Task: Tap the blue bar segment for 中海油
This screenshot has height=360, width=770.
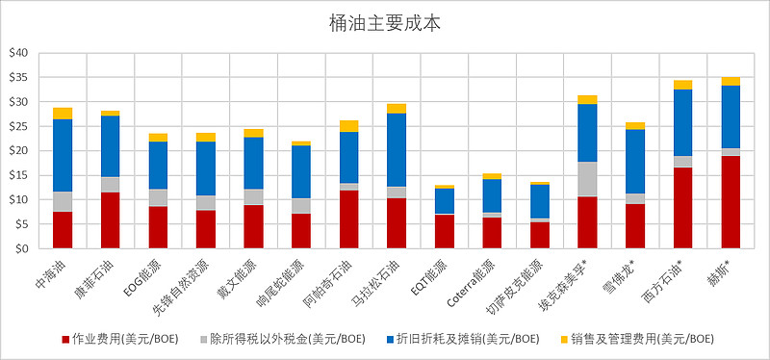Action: click(63, 155)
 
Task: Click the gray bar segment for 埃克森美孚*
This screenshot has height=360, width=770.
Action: click(587, 179)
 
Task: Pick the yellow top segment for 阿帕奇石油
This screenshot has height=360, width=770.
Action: click(348, 126)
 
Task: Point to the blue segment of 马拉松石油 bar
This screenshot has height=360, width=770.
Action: click(397, 150)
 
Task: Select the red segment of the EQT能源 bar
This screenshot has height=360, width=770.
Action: click(444, 231)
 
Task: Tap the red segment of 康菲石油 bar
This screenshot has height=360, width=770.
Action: click(111, 220)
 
